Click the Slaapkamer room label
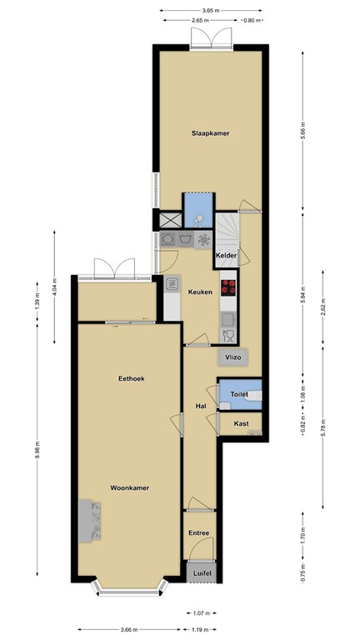tap(210, 132)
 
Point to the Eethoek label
tap(131, 378)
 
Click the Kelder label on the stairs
tap(227, 255)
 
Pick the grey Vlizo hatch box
tap(231, 357)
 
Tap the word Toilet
tap(240, 392)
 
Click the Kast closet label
tap(241, 424)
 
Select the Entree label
tap(198, 533)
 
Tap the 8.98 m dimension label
tap(38, 454)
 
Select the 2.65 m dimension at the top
tap(198, 18)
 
